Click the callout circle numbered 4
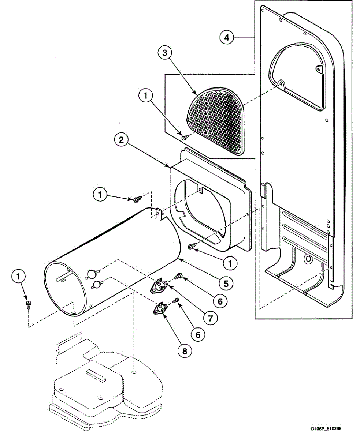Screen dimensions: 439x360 (x=227, y=37)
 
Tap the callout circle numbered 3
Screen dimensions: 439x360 (x=165, y=53)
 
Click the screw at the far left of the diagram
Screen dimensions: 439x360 (x=28, y=304)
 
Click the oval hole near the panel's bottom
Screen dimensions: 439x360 (x=308, y=259)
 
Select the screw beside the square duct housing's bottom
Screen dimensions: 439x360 (x=191, y=247)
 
